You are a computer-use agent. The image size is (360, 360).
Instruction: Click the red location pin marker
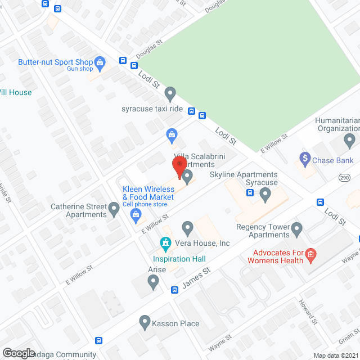[x=179, y=165]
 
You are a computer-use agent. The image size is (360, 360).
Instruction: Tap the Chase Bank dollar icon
[x=305, y=159]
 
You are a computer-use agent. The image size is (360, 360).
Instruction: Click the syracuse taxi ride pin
[x=170, y=93]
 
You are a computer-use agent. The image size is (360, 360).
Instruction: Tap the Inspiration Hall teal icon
[x=165, y=244]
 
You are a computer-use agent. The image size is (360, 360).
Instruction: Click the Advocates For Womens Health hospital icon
[x=310, y=257]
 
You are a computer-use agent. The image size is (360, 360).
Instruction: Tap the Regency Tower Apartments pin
[x=297, y=229]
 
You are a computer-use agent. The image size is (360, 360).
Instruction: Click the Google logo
[x=19, y=353]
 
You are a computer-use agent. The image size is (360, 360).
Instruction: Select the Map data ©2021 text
[x=336, y=355]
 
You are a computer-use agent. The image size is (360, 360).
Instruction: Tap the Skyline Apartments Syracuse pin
[x=265, y=194]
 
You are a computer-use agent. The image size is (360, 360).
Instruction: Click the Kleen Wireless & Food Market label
[x=148, y=193]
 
